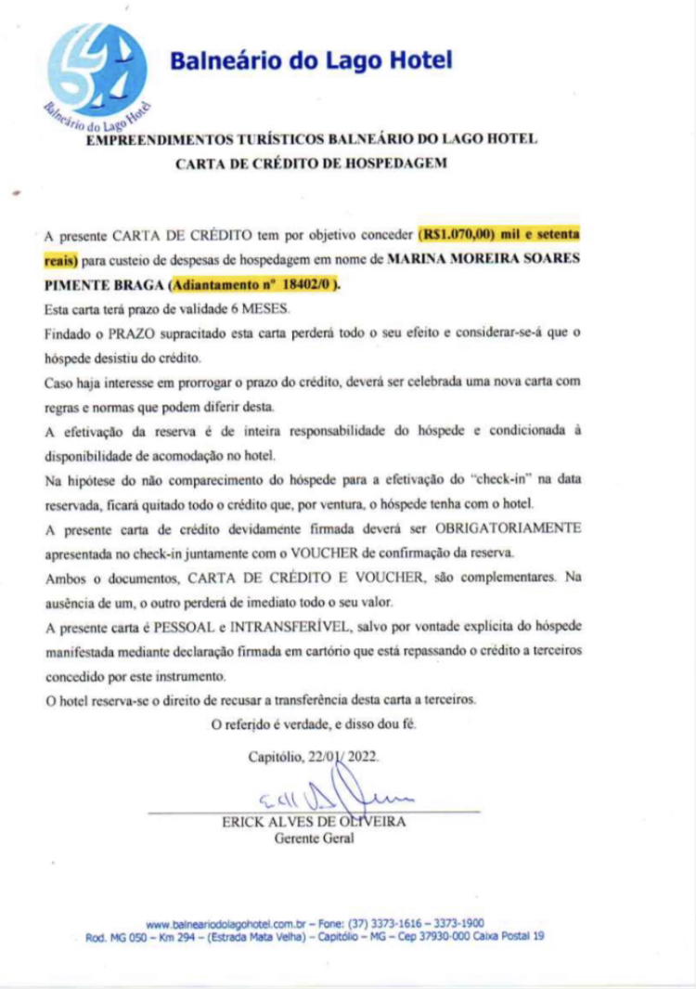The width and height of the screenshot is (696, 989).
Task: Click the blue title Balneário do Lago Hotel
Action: point(311,61)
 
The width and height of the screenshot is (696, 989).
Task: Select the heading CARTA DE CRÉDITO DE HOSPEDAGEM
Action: point(311,163)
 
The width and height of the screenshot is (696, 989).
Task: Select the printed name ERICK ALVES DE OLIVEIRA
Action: point(314,822)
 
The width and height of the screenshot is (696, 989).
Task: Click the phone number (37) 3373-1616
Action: point(384,923)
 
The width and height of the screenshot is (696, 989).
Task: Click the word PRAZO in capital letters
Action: point(112,332)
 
